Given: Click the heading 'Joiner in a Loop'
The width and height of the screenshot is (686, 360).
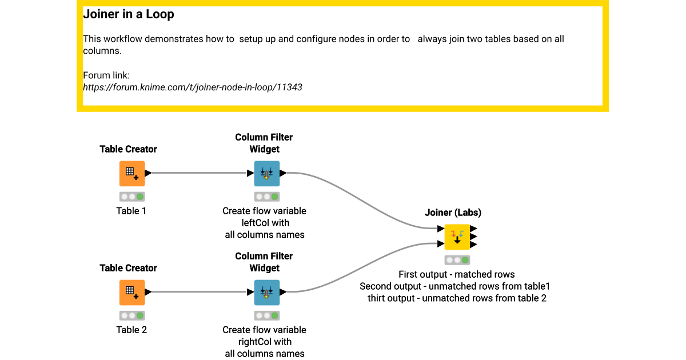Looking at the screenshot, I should (129, 15).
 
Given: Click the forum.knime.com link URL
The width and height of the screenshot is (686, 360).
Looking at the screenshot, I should (193, 87).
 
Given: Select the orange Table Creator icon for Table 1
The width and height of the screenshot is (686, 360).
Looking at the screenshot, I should (132, 173).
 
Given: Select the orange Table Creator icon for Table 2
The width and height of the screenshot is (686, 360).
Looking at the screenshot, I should (132, 292).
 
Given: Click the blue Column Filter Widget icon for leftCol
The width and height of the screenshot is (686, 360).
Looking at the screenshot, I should (267, 173).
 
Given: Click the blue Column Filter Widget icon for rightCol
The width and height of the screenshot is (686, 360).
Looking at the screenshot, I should (267, 292).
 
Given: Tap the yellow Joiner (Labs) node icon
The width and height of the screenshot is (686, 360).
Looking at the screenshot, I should (457, 237).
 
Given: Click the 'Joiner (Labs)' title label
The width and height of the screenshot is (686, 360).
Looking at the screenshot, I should (453, 213).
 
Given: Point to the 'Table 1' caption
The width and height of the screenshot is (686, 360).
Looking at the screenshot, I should (131, 211).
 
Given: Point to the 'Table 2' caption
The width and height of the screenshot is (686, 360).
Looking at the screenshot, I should (131, 330).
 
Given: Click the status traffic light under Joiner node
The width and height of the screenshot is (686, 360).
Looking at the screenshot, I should (457, 260).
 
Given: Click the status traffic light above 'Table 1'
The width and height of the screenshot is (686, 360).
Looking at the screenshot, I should (132, 197).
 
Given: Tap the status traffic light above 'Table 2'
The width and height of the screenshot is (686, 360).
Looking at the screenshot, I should (132, 315).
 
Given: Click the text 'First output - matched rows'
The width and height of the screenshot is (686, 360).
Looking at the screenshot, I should (456, 274).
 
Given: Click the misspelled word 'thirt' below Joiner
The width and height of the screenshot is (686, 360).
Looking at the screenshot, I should (378, 298).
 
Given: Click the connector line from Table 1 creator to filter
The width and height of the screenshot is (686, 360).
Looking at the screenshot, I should (200, 173).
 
